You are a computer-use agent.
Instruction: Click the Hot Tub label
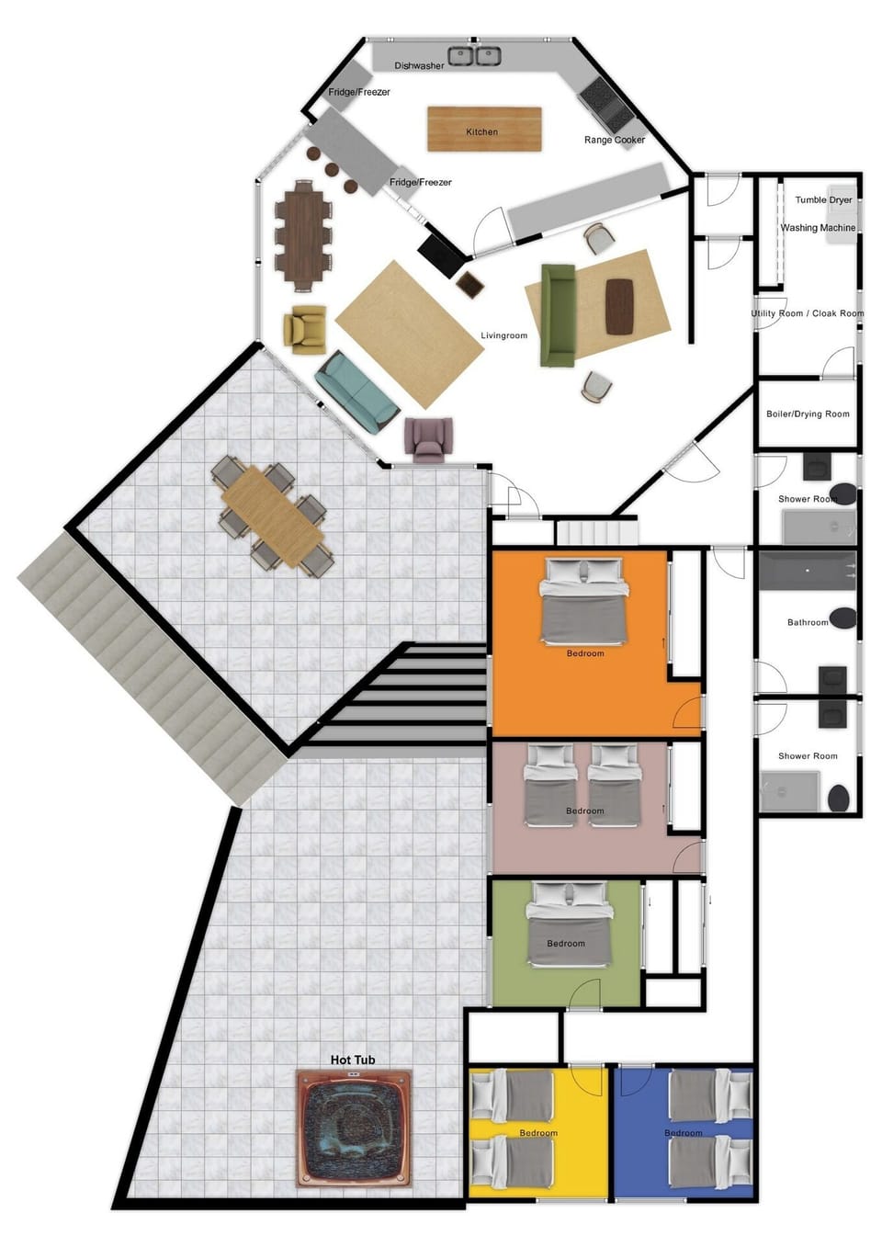click(x=353, y=1060)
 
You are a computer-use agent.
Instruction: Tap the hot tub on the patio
click(x=354, y=1128)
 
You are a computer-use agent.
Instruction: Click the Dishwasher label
click(x=419, y=66)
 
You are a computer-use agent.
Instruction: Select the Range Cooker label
click(x=615, y=140)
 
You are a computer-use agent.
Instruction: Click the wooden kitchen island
click(x=484, y=129)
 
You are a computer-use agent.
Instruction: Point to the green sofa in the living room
click(x=557, y=315)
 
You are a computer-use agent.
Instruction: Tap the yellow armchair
click(x=305, y=328)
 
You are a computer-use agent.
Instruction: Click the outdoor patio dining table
click(x=273, y=516)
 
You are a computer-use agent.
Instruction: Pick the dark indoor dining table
click(x=303, y=235)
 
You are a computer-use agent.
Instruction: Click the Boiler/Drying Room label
click(x=808, y=414)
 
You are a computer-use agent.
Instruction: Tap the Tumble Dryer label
click(x=823, y=199)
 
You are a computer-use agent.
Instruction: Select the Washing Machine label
click(x=818, y=228)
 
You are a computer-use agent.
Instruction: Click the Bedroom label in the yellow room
click(x=538, y=1133)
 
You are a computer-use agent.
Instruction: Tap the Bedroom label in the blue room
click(x=683, y=1133)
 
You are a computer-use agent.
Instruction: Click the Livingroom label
click(x=503, y=335)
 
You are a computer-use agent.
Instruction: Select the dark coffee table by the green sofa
click(x=621, y=306)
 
